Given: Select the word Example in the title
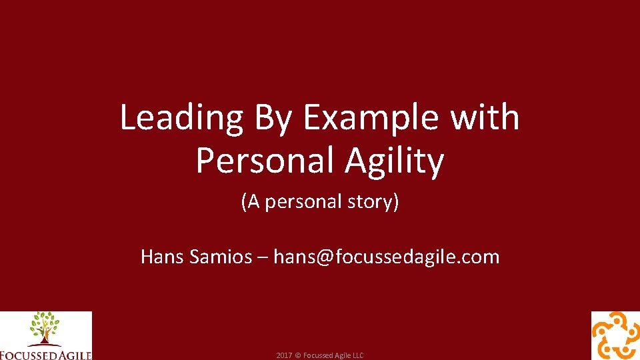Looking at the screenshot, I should [371, 118].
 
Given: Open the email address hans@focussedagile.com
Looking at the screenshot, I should [386, 257].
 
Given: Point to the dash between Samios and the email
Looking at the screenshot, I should [263, 257].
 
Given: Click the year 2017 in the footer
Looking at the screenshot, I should [284, 355].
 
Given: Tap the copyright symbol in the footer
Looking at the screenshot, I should [298, 355].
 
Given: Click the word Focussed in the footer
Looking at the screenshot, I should [318, 355].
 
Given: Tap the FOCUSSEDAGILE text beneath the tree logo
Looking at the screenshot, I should [45, 354].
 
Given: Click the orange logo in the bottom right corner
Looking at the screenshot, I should [615, 336].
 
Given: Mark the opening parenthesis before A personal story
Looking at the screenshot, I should [244, 201].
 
